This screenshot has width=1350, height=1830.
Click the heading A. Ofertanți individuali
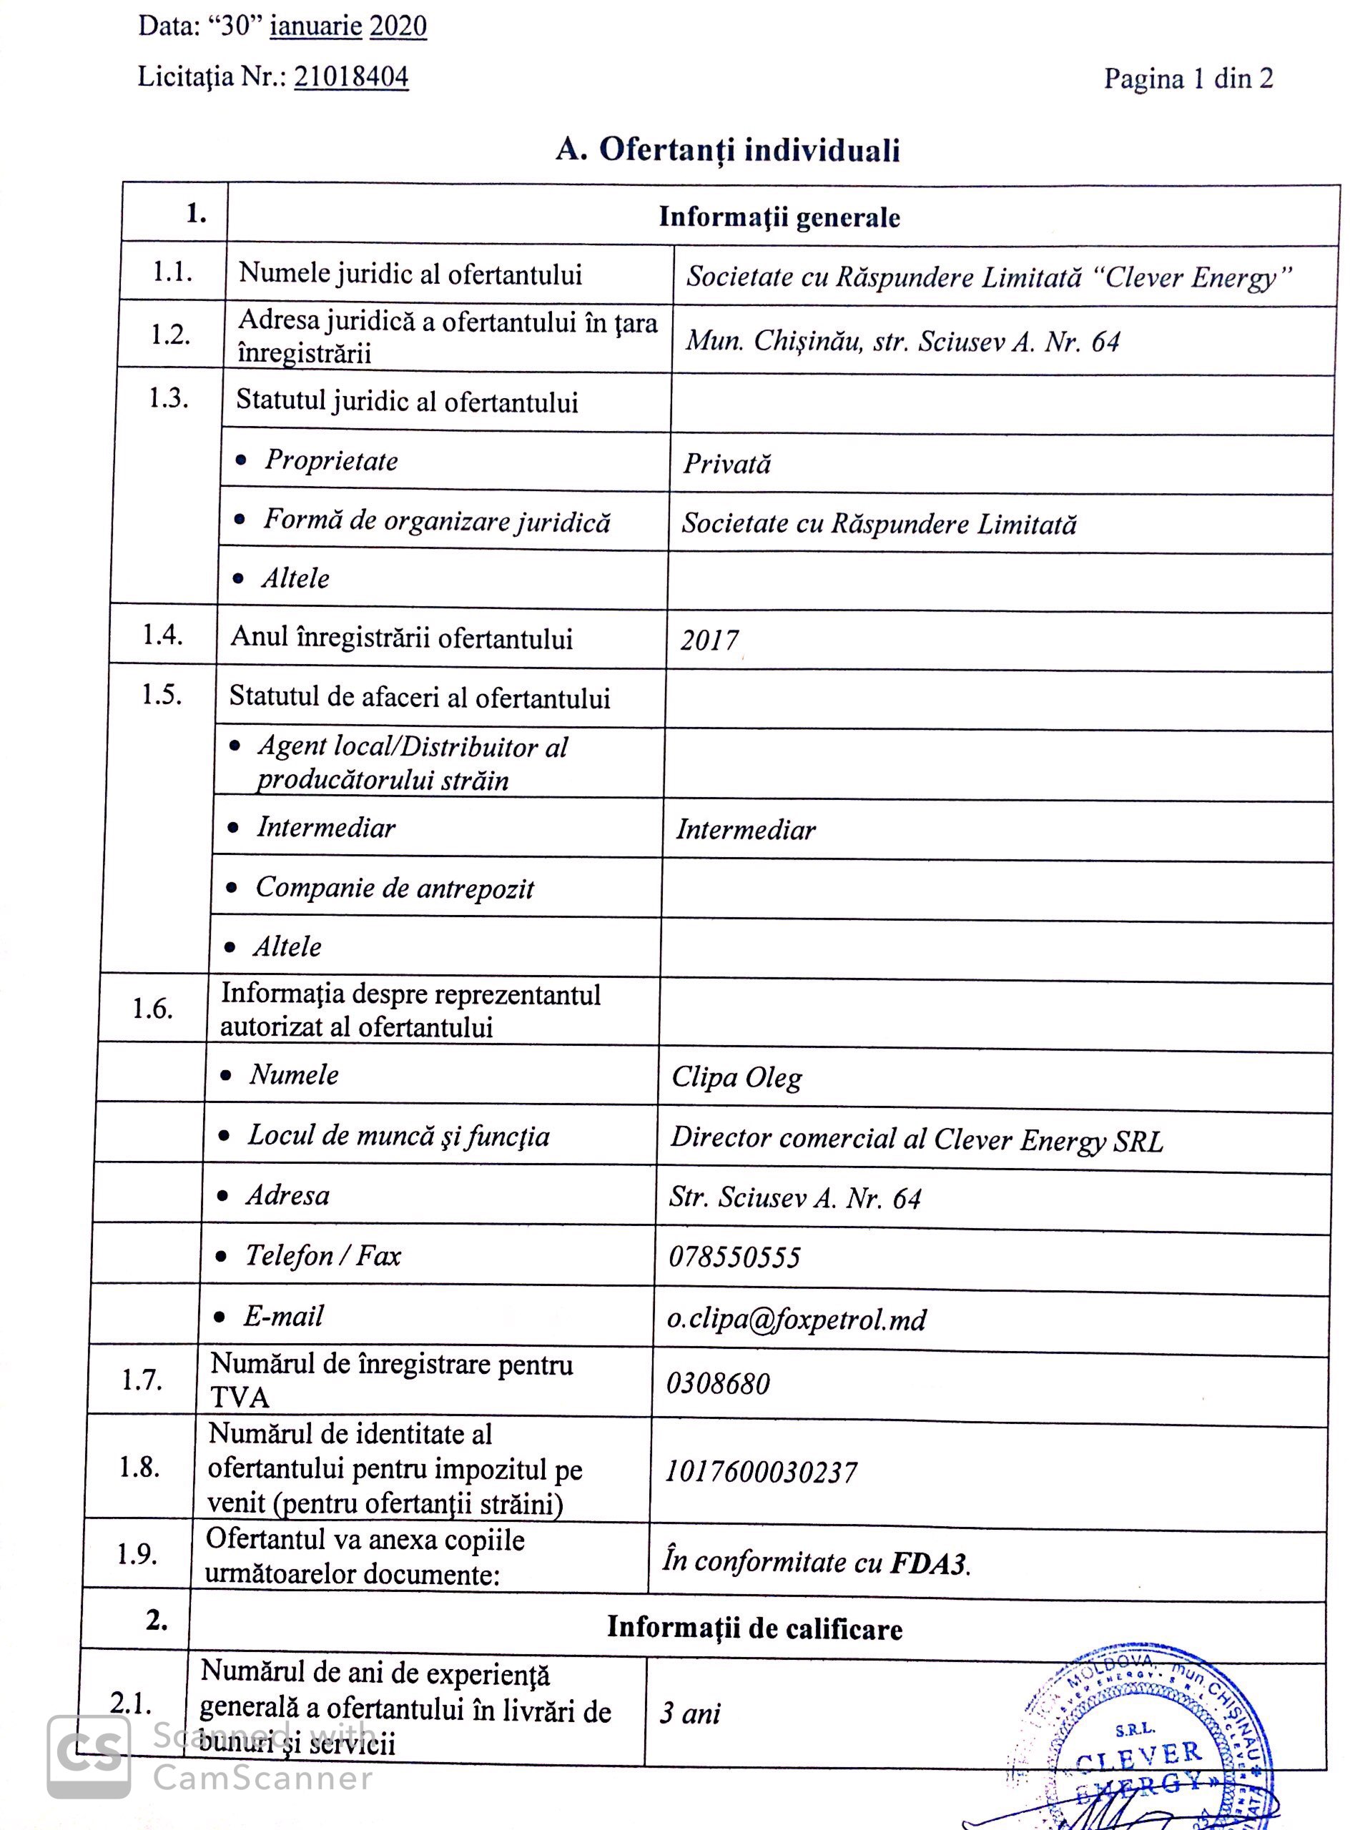[727, 149]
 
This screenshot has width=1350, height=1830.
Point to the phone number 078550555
[734, 1257]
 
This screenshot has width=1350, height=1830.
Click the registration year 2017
[709, 640]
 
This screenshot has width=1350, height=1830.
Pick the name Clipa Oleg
[736, 1077]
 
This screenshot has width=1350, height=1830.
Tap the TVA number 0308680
[717, 1383]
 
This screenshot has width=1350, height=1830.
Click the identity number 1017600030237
[760, 1472]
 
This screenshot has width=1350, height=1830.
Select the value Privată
[726, 464]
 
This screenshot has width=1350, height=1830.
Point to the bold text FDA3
[928, 1563]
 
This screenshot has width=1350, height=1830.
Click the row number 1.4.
[162, 635]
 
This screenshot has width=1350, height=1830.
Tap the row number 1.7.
[142, 1380]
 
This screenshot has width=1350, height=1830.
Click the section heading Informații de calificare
[754, 1628]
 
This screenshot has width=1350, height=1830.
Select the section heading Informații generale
[779, 217]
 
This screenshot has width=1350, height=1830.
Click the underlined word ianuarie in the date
[315, 26]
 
